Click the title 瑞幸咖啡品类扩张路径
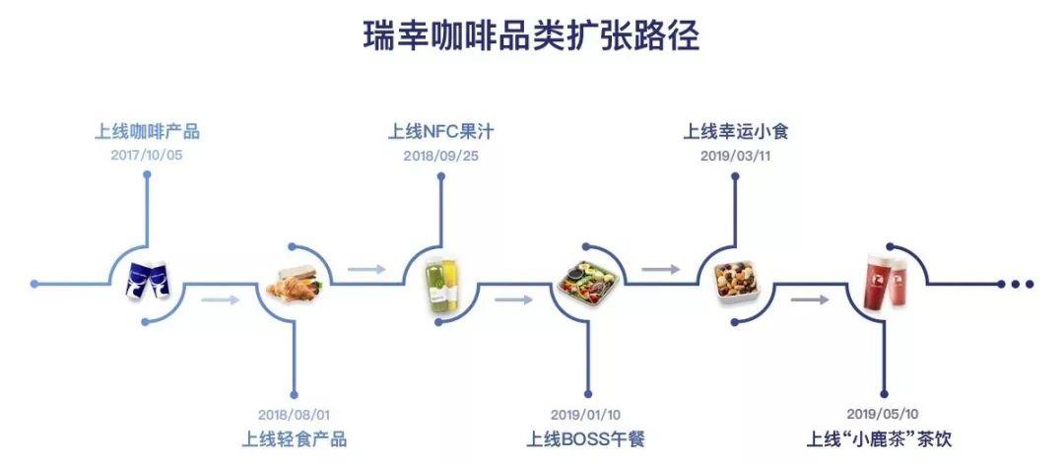(x=531, y=36)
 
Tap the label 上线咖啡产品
(x=147, y=131)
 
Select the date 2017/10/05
(x=147, y=156)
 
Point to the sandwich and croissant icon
(x=294, y=287)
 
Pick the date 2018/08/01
(x=294, y=415)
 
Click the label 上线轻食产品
(x=294, y=439)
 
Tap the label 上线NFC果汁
(x=440, y=131)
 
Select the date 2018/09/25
(x=440, y=156)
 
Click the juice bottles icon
(x=440, y=285)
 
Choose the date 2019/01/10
(x=588, y=415)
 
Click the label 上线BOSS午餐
(x=588, y=439)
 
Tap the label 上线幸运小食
(x=736, y=131)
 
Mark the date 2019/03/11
(x=736, y=156)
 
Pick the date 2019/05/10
(x=882, y=415)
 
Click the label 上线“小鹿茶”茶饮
(x=880, y=439)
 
